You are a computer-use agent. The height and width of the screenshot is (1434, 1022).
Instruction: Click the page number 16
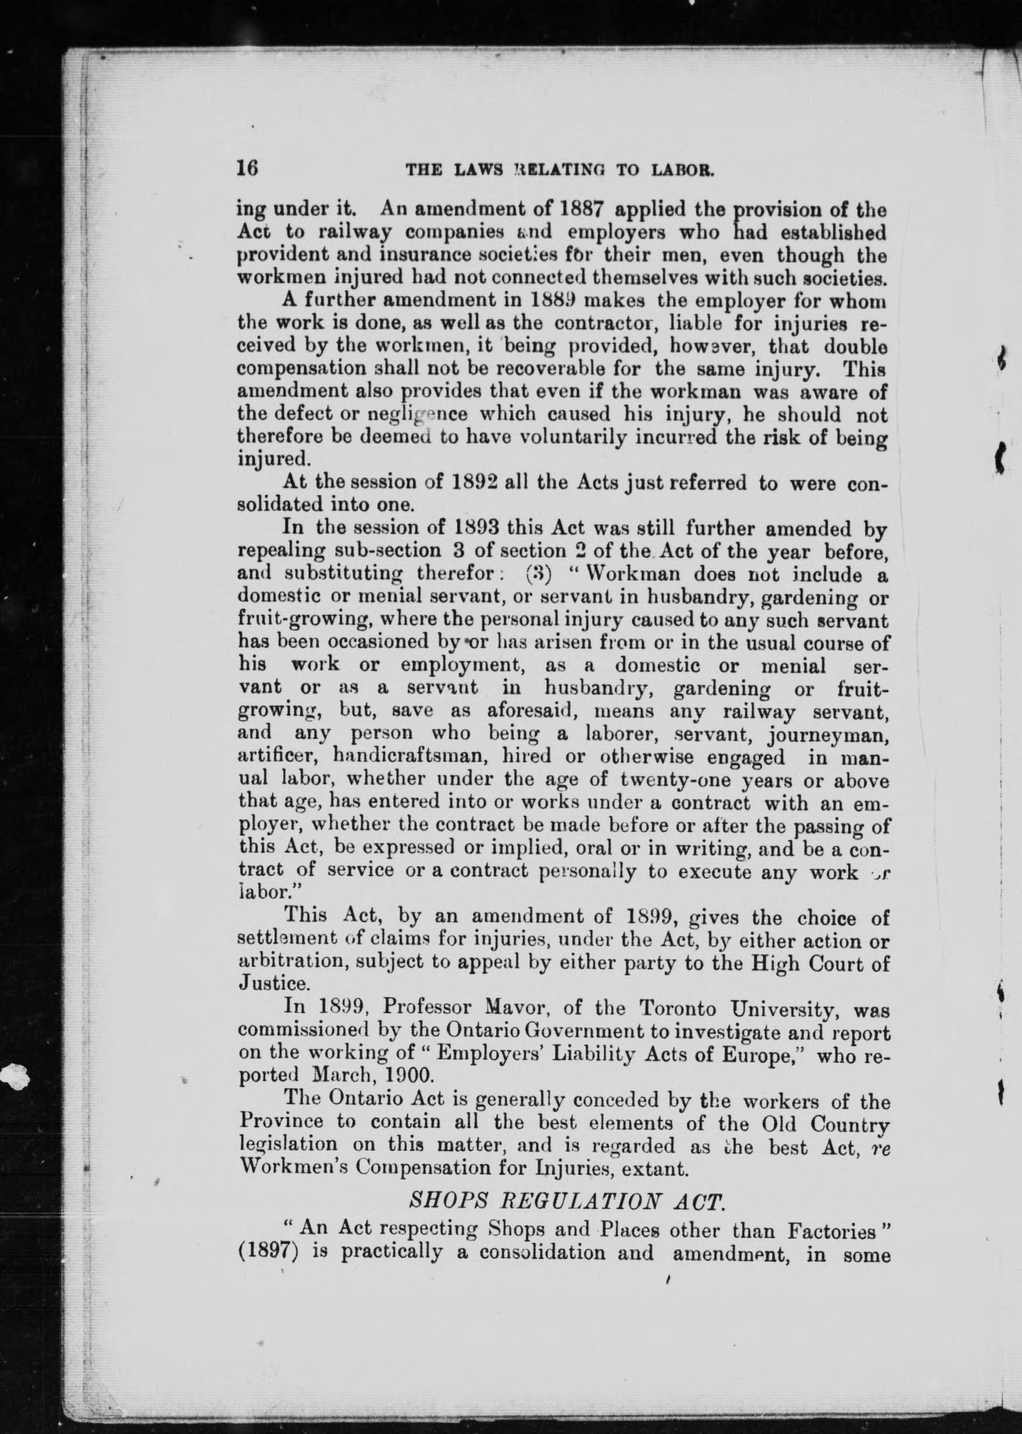pyautogui.click(x=247, y=169)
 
